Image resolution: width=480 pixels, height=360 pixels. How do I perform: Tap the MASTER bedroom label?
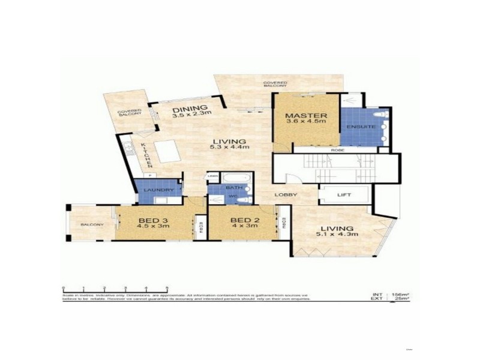306,115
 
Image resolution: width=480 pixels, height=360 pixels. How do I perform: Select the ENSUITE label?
365,127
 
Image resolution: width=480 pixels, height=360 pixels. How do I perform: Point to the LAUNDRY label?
158,190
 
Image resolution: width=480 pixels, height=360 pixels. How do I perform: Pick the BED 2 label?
244,220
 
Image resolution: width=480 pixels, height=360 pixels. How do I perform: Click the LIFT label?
344,195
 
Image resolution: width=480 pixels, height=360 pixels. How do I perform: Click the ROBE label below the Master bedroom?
337,151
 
